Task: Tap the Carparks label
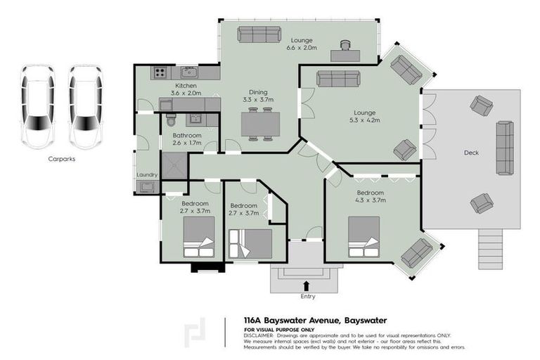click(x=62, y=159)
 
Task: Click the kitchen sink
click(x=188, y=72)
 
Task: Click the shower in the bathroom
click(x=174, y=165)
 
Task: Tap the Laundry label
click(x=147, y=174)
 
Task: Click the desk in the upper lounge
click(x=345, y=54)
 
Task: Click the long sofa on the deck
click(x=505, y=148)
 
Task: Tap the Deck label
click(x=471, y=153)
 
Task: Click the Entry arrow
click(x=306, y=285)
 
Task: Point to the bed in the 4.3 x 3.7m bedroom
click(x=364, y=236)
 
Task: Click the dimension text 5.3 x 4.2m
click(x=365, y=120)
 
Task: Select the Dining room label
click(x=257, y=91)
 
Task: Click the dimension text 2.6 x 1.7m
click(x=187, y=143)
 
